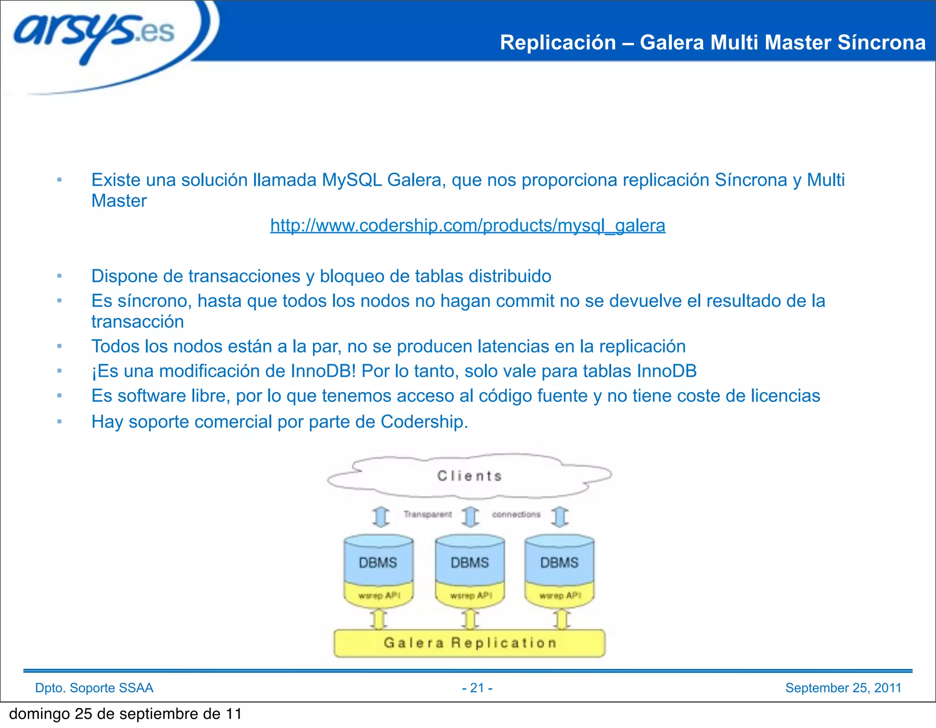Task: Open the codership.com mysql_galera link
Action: [x=468, y=225]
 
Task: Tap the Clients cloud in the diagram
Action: [x=469, y=476]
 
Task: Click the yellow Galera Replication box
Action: [x=470, y=643]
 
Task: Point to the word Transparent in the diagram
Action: [x=427, y=515]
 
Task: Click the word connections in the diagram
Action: [x=516, y=515]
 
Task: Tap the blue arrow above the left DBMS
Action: [x=381, y=517]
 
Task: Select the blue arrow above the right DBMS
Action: [x=560, y=517]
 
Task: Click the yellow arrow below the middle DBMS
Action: [x=470, y=620]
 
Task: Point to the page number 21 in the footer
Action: [x=477, y=688]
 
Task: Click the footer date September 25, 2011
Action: [x=843, y=688]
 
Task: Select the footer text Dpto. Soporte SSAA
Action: [x=94, y=688]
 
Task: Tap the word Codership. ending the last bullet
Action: [x=424, y=422]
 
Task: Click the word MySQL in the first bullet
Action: [x=351, y=180]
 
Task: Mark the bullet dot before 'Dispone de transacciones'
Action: [x=59, y=276]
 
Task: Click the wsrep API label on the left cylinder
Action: [x=379, y=595]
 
